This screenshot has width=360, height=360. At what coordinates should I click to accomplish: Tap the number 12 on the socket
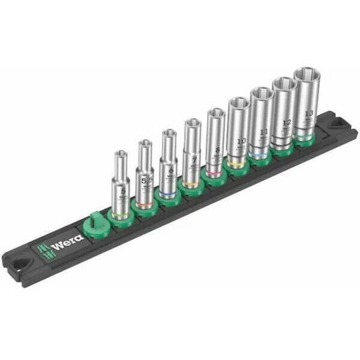click(x=287, y=123)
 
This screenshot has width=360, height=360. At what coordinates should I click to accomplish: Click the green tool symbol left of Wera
click(x=39, y=249)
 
